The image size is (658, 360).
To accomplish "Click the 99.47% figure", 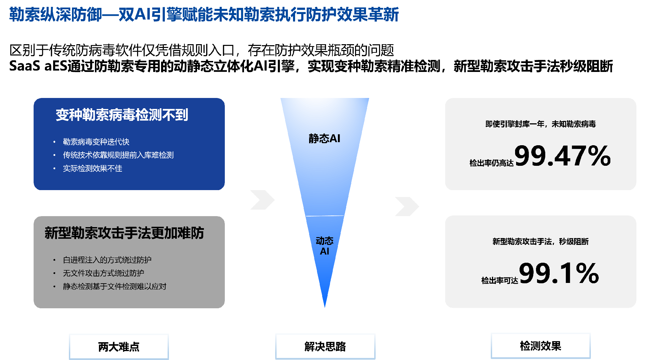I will click(x=562, y=156).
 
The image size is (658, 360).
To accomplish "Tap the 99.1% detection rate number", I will click(x=559, y=273).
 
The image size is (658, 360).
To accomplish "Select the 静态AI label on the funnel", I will click(x=324, y=138).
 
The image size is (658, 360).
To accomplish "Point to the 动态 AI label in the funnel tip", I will click(x=325, y=246).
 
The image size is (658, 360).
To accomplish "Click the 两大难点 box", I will click(x=119, y=347).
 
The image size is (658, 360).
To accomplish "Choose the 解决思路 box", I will click(x=325, y=347).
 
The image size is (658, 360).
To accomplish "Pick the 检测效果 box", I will click(x=540, y=346).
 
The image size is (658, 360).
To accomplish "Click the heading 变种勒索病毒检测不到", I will click(x=122, y=115).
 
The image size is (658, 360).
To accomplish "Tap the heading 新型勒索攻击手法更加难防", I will click(x=124, y=233).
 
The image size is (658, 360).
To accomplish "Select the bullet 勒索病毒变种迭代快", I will click(x=96, y=142).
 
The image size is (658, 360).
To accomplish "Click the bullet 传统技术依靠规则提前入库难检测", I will click(x=118, y=155).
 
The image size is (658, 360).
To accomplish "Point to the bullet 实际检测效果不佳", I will click(x=93, y=169).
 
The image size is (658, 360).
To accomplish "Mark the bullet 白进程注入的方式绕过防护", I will click(x=107, y=260).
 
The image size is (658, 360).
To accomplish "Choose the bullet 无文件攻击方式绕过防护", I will click(x=103, y=273).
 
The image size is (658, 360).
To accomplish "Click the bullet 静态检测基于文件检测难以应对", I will click(x=114, y=286).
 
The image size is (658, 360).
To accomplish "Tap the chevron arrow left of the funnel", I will click(x=262, y=200).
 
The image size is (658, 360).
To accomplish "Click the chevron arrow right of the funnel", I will click(x=407, y=206).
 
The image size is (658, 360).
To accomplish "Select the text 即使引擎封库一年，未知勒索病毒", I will click(x=540, y=124).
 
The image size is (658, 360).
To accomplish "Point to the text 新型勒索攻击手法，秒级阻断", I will click(x=540, y=241).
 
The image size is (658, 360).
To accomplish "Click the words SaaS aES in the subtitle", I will click(x=38, y=66).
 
